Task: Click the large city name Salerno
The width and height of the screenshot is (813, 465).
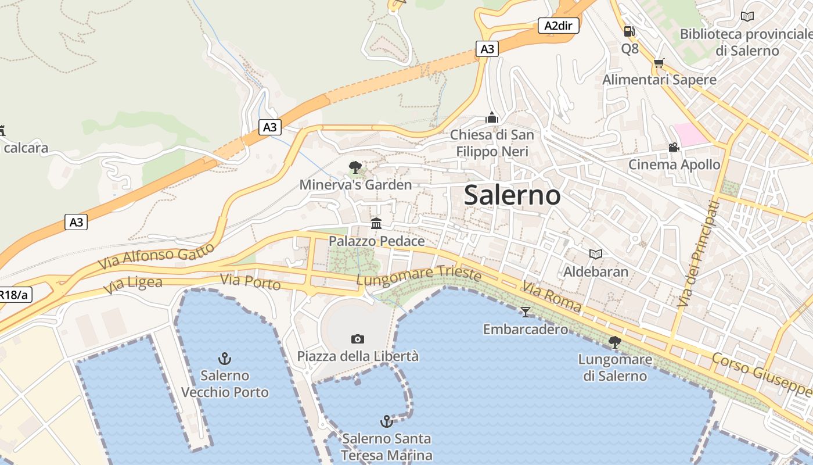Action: tap(512, 195)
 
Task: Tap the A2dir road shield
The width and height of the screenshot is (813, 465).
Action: tap(558, 26)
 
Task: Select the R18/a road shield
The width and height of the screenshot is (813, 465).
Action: tap(13, 295)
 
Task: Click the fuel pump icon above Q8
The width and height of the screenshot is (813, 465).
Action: tap(629, 31)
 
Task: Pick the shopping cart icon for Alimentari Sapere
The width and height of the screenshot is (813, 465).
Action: tap(659, 63)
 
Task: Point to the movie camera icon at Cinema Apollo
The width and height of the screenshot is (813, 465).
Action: tap(674, 148)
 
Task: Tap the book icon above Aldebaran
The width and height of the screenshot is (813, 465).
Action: tap(595, 254)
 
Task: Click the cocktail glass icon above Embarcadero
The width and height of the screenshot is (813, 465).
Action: tap(526, 312)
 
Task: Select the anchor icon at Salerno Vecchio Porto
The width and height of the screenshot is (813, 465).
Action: tap(224, 358)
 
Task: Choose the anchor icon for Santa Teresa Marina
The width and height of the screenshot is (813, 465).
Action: tap(386, 421)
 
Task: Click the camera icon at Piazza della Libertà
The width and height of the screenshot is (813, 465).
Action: tap(358, 339)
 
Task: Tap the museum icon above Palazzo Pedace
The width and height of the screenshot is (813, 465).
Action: tap(376, 223)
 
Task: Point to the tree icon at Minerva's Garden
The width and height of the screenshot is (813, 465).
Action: tap(355, 168)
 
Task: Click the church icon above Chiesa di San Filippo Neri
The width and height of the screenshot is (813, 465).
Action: tap(492, 117)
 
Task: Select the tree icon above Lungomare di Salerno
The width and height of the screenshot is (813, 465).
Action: tap(614, 342)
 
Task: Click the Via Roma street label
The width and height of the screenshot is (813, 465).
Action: tap(551, 296)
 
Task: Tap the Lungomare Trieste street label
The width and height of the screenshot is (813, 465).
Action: tap(419, 276)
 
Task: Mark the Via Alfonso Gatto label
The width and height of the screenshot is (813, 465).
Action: tap(156, 256)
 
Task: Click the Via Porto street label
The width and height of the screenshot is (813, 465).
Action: tap(251, 282)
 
